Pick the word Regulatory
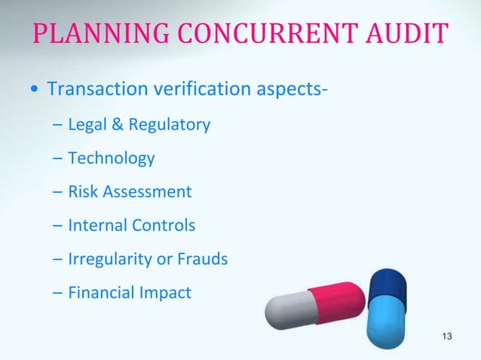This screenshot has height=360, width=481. [x=169, y=125]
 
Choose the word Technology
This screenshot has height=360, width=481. [x=111, y=158]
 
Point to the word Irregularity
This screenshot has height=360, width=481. [x=109, y=259]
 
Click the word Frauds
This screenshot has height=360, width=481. [x=202, y=258]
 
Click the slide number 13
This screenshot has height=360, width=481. [x=448, y=335]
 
